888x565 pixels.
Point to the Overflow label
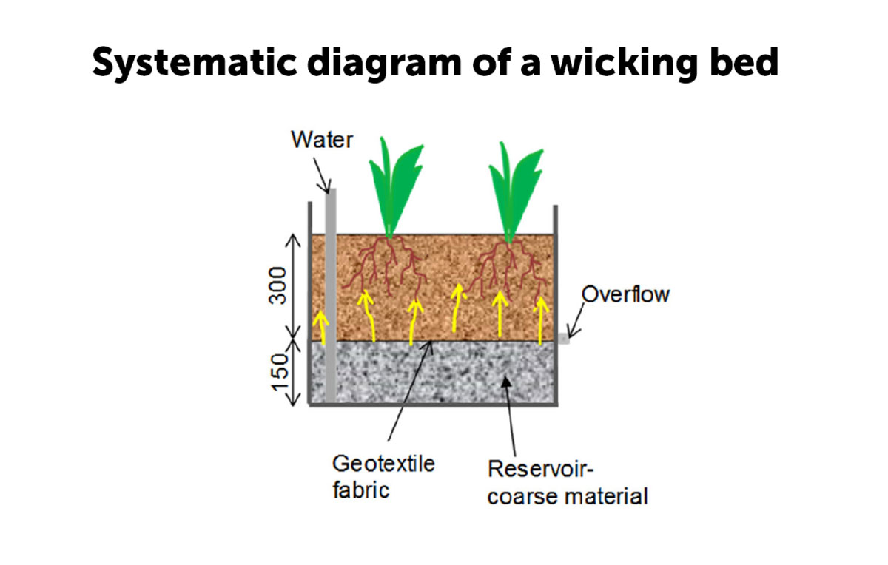pos(625,294)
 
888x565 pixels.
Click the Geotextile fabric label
pos(383,477)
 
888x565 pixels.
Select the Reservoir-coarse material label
pos(567,482)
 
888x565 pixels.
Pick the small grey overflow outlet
pos(564,339)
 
